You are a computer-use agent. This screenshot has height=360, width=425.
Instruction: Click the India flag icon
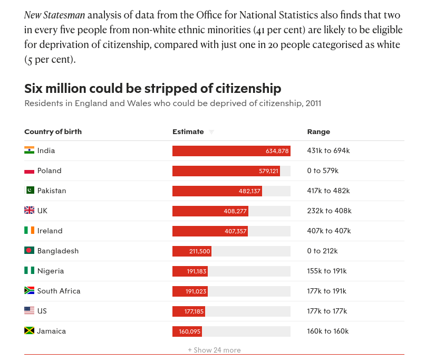[x=29, y=150]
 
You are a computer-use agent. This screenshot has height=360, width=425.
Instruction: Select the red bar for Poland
[x=226, y=171]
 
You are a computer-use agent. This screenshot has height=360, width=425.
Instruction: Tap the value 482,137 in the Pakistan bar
[x=249, y=191]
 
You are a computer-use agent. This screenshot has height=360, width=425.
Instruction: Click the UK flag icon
[x=29, y=211]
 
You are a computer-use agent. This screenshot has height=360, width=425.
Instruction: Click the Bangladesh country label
[x=57, y=251]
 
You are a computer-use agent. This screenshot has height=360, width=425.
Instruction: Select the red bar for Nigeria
[x=190, y=271]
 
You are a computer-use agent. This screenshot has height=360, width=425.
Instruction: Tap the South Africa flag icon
[x=29, y=291]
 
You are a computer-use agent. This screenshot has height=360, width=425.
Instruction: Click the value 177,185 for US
[x=194, y=311]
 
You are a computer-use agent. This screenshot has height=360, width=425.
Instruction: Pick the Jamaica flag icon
[x=29, y=331]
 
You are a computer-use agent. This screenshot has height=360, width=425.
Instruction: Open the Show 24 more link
[x=214, y=350]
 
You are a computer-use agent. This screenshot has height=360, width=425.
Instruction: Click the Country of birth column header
[x=53, y=131]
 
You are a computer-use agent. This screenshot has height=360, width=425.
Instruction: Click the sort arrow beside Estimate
[x=211, y=132]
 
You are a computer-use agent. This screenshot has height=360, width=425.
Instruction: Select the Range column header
[x=318, y=131]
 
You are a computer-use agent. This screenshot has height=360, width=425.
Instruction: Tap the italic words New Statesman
[x=54, y=15]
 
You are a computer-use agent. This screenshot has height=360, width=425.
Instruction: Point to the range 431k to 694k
[x=328, y=150]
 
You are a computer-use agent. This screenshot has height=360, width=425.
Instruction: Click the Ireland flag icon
[x=29, y=231]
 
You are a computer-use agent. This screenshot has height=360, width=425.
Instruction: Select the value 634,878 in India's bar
[x=277, y=151]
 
